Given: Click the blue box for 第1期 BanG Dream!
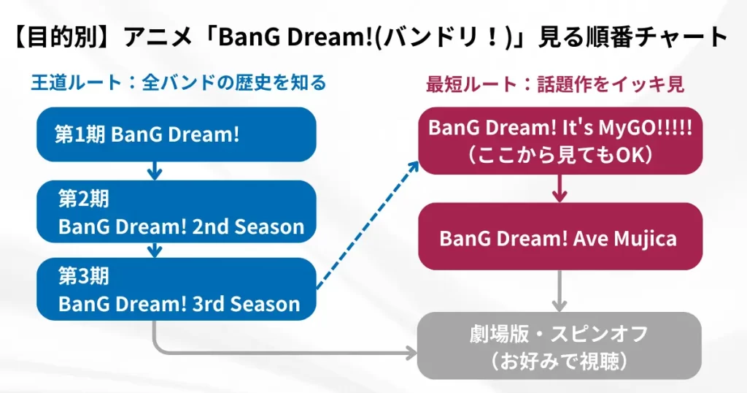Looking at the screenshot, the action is pos(177,134).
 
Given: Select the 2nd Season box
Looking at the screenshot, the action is pos(177,212).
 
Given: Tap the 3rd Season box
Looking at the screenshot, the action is pos(177,289).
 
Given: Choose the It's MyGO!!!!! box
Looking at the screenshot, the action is pos(560,141).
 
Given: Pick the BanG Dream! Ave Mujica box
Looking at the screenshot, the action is pos(560,237).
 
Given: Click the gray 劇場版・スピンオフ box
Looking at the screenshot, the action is pos(560,346).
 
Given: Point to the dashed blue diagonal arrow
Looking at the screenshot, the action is pos(368,225).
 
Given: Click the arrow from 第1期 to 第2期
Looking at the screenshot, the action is pos(155,171).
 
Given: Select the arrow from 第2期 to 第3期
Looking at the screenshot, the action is pos(155,251).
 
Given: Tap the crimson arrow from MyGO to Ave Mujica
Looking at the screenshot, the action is pos(560,188).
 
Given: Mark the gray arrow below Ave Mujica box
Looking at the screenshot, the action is pos(560,291).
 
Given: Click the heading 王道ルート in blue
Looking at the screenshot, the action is pos(77,83).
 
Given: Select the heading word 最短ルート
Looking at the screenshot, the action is pos(471,85).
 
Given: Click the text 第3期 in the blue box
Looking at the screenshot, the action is pos(84,275).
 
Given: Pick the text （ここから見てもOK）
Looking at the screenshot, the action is pos(560,155).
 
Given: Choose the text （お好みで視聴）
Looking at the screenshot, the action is pos(560,361).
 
